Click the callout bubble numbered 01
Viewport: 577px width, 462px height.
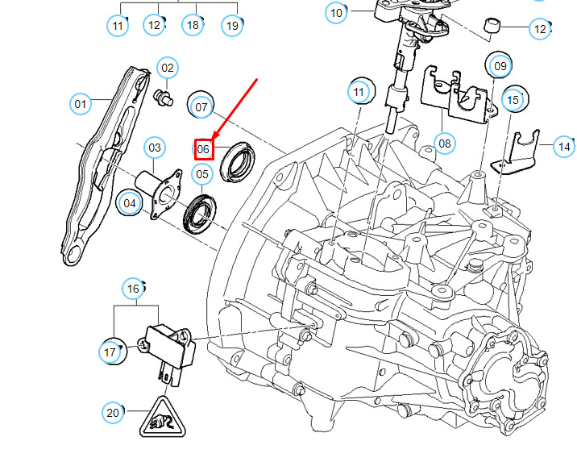[81, 104]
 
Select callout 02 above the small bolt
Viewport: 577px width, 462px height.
[167, 69]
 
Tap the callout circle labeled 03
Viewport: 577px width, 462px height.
[155, 148]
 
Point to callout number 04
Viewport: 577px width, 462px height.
[130, 203]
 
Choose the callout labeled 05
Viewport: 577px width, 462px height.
[202, 173]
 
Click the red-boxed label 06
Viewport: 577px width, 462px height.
[203, 149]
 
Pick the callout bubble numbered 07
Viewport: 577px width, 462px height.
[201, 106]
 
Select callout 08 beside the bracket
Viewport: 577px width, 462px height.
[444, 144]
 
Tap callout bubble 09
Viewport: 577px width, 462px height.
[500, 65]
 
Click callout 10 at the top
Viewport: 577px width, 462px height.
[336, 13]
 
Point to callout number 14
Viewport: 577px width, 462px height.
[564, 147]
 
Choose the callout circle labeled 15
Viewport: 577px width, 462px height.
[513, 101]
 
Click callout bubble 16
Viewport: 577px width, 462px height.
[134, 288]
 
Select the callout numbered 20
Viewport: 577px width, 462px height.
[114, 413]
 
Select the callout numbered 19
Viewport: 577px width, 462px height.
[232, 26]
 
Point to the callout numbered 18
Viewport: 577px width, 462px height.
[192, 26]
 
